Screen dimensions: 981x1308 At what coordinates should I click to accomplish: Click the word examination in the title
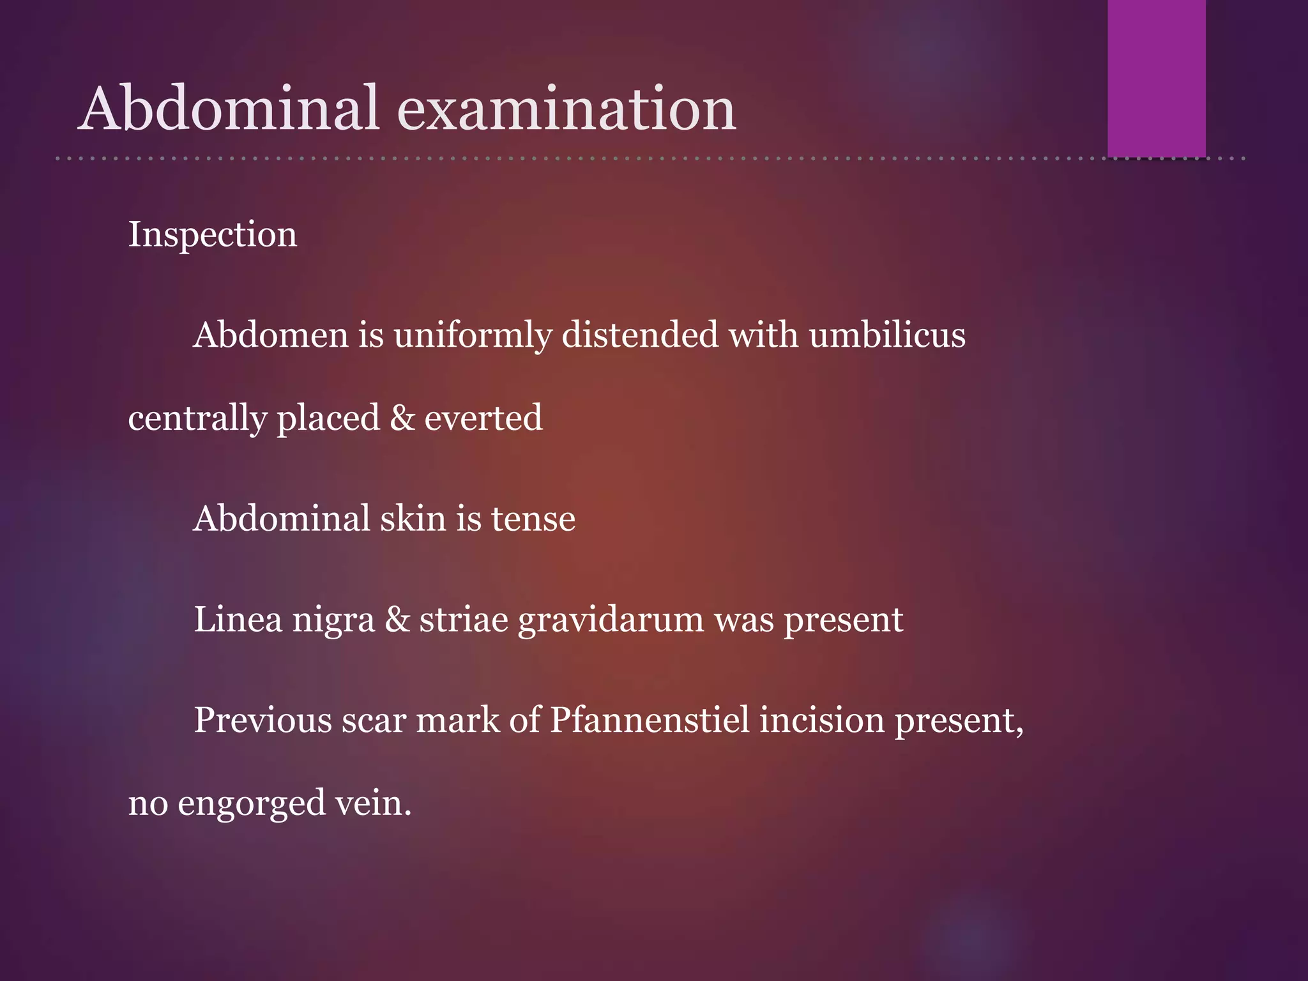567,109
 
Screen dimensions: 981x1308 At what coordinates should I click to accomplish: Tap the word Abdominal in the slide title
230,109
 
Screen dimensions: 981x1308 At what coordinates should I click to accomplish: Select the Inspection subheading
213,234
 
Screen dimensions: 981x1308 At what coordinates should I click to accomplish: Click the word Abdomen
271,335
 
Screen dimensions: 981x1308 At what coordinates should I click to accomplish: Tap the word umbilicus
887,335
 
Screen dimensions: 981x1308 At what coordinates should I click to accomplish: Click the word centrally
197,419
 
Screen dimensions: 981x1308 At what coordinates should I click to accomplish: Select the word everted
483,418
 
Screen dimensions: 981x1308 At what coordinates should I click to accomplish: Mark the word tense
533,519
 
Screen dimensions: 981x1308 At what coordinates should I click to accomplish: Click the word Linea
238,620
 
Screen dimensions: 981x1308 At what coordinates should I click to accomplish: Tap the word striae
464,620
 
